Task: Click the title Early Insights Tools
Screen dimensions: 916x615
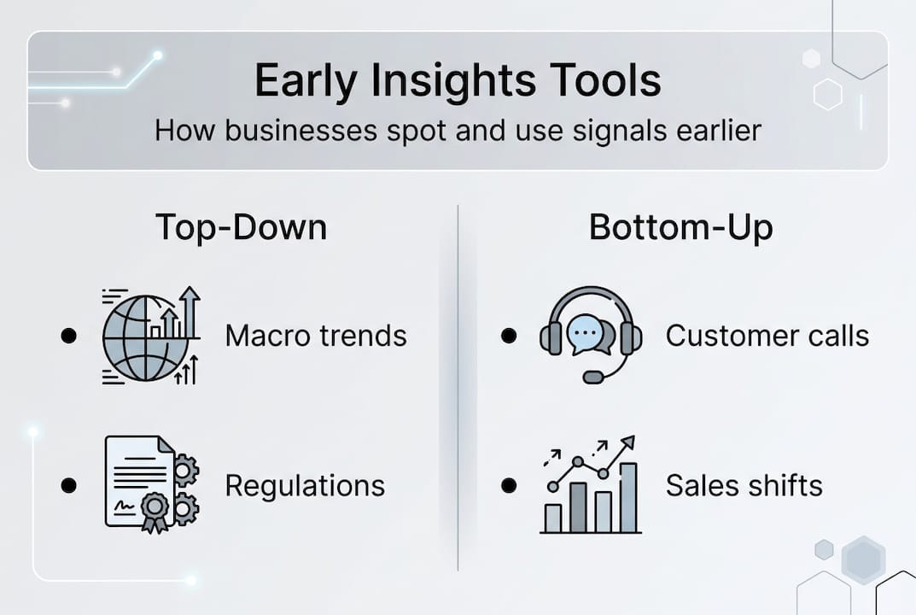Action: point(458,81)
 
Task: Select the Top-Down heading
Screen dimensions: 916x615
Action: point(242,227)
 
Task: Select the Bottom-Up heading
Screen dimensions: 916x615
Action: point(680,228)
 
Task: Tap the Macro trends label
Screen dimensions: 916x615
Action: point(316,337)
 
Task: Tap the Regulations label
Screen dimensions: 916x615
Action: point(305,486)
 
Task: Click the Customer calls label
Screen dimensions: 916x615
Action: point(767,337)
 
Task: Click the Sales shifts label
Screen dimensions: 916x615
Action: point(744,486)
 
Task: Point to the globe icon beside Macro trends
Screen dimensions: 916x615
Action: point(146,338)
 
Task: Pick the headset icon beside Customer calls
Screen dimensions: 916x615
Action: point(591,334)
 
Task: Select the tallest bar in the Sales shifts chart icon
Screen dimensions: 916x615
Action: point(628,497)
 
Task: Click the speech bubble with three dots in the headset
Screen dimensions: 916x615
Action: point(586,333)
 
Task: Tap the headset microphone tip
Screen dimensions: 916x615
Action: point(593,377)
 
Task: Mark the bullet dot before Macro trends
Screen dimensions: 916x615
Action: point(69,336)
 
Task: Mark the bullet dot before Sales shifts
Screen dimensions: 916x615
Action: point(509,485)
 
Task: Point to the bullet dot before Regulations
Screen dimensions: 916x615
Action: point(69,485)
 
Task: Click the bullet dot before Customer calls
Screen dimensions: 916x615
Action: point(509,336)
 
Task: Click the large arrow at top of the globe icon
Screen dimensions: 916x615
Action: point(190,312)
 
